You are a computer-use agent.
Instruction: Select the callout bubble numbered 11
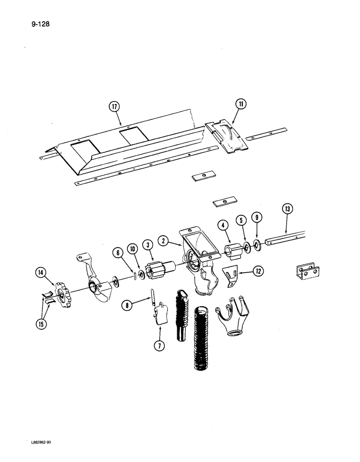[241, 105]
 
